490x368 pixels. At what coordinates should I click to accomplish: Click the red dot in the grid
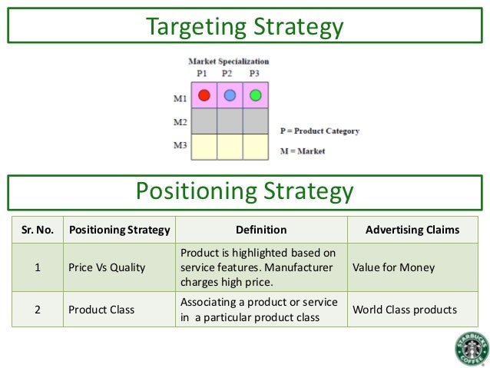click(204, 96)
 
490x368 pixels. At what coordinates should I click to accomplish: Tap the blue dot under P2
click(230, 96)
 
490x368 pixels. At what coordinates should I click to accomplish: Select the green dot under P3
click(255, 96)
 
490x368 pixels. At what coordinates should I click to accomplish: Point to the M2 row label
click(180, 122)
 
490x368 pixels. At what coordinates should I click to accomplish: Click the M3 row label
click(180, 145)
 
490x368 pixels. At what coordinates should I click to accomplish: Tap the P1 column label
click(202, 73)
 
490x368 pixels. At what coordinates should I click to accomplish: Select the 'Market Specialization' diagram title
click(229, 61)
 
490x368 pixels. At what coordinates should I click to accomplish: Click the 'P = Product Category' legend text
click(319, 131)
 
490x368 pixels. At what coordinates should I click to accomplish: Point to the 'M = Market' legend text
click(303, 151)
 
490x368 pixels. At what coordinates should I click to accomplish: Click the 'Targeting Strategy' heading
click(245, 28)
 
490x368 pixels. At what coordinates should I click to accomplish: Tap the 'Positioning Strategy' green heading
click(245, 191)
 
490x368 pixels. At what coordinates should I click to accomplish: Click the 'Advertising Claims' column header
click(412, 230)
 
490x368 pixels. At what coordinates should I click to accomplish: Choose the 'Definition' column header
click(261, 230)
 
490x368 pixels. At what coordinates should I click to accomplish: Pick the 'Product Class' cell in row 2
click(101, 310)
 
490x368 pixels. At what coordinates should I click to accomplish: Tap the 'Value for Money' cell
click(393, 267)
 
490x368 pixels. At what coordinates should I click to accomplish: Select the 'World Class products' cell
click(404, 310)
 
